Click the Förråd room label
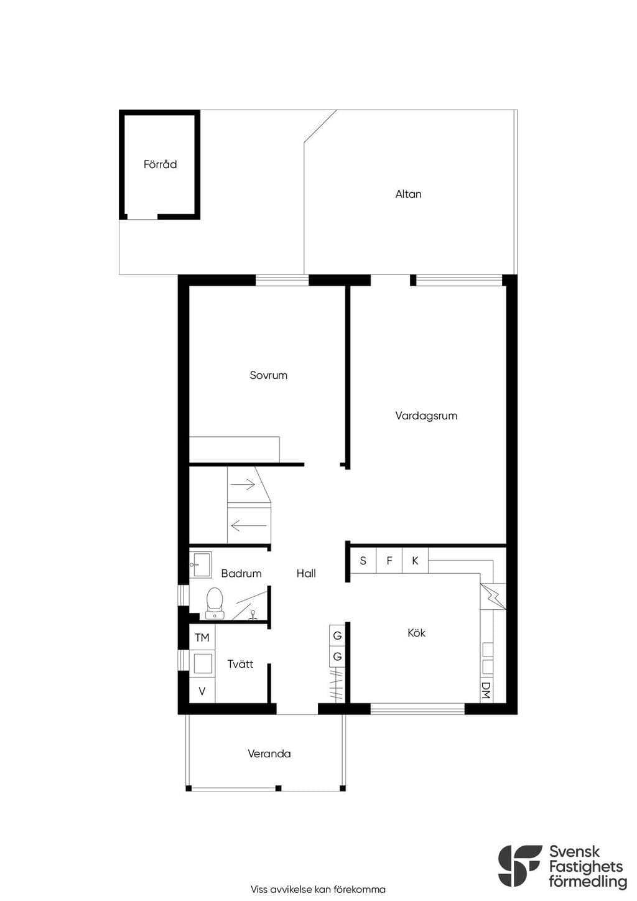coord(160,164)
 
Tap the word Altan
coord(408,194)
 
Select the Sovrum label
coord(268,375)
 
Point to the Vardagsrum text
coord(426,416)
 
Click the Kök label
coord(416,633)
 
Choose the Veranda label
coord(269,754)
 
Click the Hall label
coord(306,573)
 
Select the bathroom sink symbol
coord(200,565)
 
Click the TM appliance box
coord(202,637)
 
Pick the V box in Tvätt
coord(202,691)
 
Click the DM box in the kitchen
coord(486,690)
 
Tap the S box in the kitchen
coord(363,560)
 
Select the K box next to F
coord(415,560)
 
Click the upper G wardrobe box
coord(337,635)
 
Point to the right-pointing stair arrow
coord(243,484)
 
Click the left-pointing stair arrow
coord(249,525)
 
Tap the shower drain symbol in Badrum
coord(253,615)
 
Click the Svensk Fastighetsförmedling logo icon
coord(519,866)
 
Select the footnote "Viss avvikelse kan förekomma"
coord(318,889)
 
